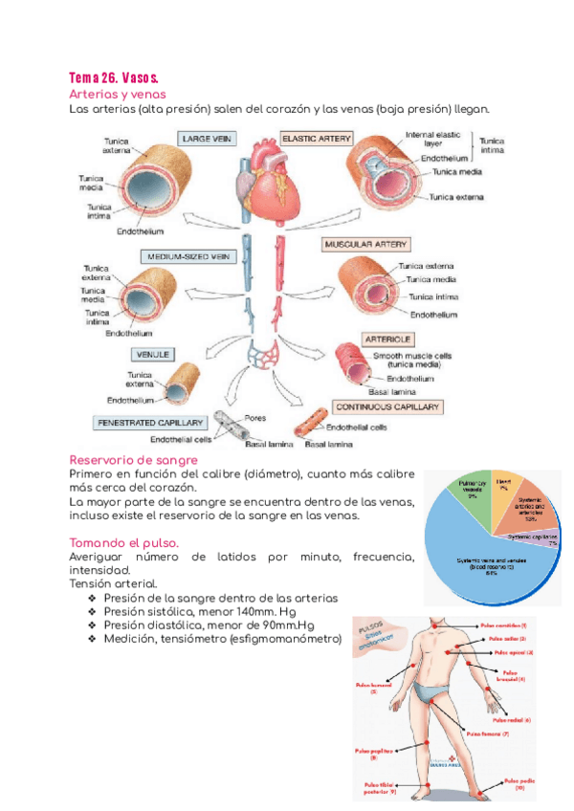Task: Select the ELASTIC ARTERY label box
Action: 316,139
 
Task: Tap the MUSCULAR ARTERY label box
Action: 366,244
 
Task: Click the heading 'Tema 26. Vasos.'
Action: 114,77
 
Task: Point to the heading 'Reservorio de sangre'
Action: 134,461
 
